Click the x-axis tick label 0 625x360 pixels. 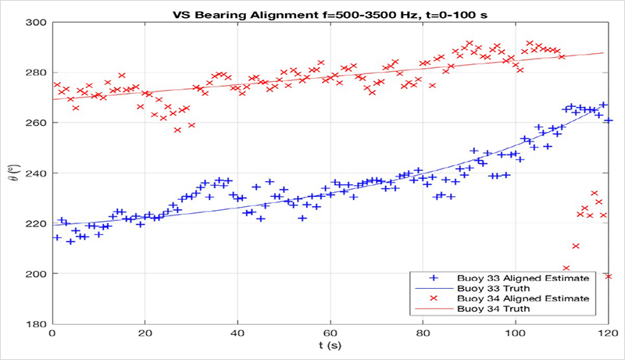[52, 334]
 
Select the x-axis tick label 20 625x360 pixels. [145, 334]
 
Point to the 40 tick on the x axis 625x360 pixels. [237, 334]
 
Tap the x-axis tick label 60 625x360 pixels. [330, 334]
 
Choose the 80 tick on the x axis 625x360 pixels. [423, 334]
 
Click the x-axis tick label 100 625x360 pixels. [516, 334]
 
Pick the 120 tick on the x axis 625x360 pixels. [609, 334]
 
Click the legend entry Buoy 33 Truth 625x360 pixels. [500, 288]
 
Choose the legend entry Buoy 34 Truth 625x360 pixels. [500, 309]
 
